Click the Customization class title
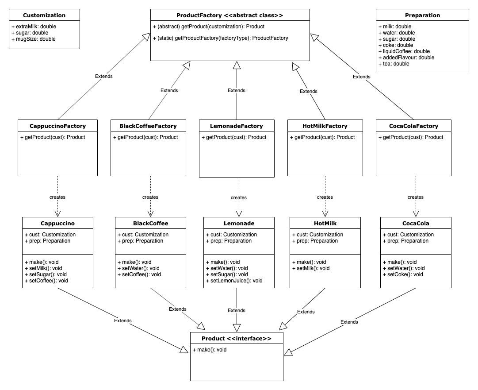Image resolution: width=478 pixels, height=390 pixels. pos(44,15)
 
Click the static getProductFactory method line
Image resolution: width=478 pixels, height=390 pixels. pos(220,38)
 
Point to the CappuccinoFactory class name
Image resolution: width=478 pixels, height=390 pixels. pos(57,126)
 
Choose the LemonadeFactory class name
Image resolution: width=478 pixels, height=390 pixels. pos(237,126)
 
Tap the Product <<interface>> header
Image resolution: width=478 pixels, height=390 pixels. pos(236,339)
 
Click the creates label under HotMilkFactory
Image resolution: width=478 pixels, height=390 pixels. pos(325,197)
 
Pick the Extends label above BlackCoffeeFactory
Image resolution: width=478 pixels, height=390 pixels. pos(169,90)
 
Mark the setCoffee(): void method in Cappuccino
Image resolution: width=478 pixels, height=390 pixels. pos(46,281)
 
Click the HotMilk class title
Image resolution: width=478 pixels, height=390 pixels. pos(325,224)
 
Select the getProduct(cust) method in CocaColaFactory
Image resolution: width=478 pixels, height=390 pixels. pos(411,137)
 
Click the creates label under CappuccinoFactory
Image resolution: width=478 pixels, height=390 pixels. pos(57,197)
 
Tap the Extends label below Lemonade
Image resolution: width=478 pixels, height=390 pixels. pos(236,310)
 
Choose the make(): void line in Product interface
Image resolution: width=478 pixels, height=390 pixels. pos(210,350)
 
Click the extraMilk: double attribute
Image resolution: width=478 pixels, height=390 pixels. pos(34,27)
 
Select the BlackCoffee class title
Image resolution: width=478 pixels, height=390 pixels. pos(150,224)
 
